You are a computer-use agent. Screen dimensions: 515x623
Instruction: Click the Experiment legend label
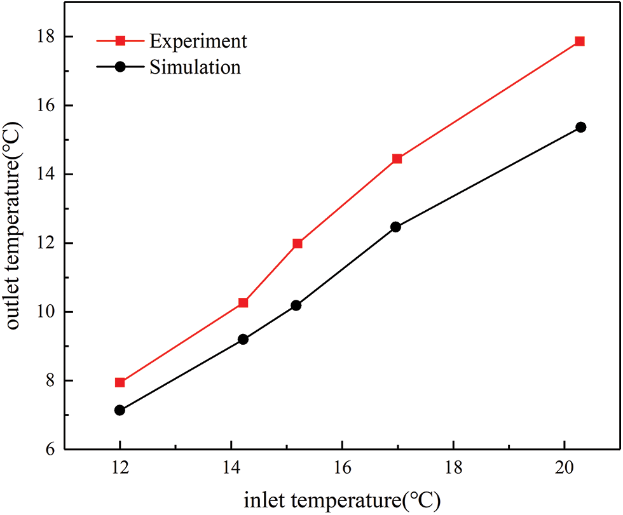click(x=198, y=42)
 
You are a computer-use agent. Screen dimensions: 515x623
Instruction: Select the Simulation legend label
click(x=195, y=67)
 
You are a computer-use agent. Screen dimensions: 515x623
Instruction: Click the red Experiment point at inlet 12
click(x=120, y=382)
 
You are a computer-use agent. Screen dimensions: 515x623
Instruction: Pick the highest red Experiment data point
click(x=579, y=41)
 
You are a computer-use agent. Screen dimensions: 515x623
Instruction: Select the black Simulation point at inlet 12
click(x=120, y=410)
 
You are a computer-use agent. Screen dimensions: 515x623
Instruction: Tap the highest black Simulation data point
click(x=580, y=128)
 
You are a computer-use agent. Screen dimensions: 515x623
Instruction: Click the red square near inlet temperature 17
click(x=397, y=159)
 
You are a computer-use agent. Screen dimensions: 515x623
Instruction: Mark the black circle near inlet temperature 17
click(x=395, y=227)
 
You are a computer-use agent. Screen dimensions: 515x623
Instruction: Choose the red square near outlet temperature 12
click(x=298, y=243)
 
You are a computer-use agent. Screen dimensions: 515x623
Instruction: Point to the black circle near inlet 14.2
click(x=243, y=340)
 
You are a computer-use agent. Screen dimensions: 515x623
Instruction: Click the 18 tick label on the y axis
click(x=46, y=37)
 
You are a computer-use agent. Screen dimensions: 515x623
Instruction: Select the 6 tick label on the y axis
click(x=50, y=450)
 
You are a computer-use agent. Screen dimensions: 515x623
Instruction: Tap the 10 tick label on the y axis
click(x=46, y=312)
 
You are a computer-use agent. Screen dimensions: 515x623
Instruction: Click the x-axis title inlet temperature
click(x=342, y=500)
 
